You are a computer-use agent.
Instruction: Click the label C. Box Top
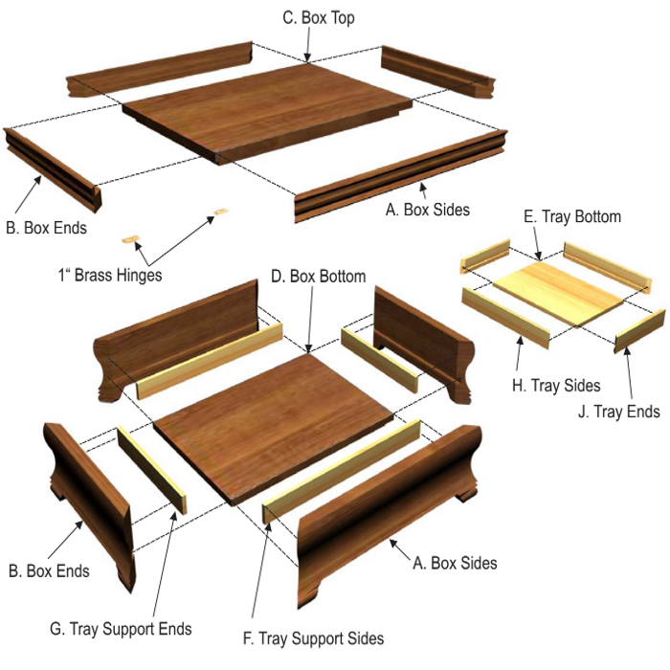click(x=319, y=18)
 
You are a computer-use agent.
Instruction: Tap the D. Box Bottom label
click(x=319, y=277)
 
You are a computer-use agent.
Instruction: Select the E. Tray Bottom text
click(x=572, y=216)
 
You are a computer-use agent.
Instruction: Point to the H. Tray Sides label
click(x=556, y=386)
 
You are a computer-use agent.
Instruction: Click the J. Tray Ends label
click(x=618, y=412)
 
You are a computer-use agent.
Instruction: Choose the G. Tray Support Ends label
click(x=121, y=629)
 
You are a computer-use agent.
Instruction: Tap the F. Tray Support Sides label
click(x=313, y=638)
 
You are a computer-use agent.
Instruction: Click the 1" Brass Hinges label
click(x=110, y=275)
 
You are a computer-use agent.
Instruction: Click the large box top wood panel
click(x=267, y=112)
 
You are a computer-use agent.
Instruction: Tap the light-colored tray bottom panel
click(x=558, y=294)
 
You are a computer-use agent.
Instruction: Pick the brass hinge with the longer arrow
click(x=220, y=212)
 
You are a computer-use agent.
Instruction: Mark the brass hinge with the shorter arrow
click(x=131, y=240)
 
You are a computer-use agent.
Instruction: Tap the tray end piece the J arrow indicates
click(x=639, y=331)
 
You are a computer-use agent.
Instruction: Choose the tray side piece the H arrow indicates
click(x=506, y=318)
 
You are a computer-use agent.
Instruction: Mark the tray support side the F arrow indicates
click(x=342, y=471)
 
